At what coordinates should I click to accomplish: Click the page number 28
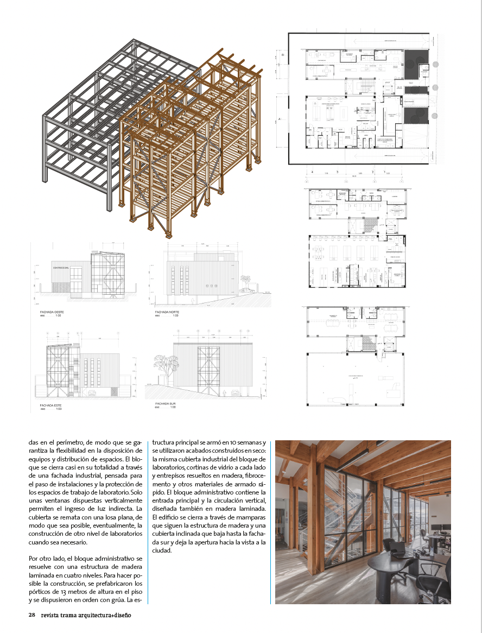pyautogui.click(x=31, y=615)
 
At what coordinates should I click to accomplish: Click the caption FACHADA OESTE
pyautogui.click(x=52, y=313)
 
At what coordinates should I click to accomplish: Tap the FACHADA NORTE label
pyautogui.click(x=167, y=312)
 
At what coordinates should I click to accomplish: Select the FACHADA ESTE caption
pyautogui.click(x=50, y=406)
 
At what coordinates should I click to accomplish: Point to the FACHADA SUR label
pyautogui.click(x=165, y=403)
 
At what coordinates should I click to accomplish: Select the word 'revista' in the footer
pyautogui.click(x=52, y=615)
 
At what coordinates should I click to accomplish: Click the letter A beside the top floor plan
pyautogui.click(x=278, y=118)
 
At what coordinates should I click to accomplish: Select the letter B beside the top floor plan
pyautogui.click(x=283, y=55)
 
